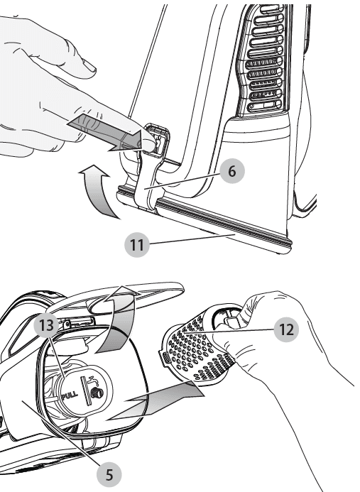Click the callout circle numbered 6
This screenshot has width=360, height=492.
coord(232,171)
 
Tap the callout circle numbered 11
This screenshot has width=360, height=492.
coord(137,245)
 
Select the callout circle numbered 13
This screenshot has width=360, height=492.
coord(46,325)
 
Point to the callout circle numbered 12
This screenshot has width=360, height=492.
coord(286,329)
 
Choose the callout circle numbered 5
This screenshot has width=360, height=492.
coord(109,475)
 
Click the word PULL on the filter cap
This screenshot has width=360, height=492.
coord(70,396)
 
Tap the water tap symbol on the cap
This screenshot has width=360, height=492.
coord(94,381)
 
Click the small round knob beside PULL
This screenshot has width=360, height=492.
coord(95,393)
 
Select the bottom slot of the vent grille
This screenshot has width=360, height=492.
coord(264,106)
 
